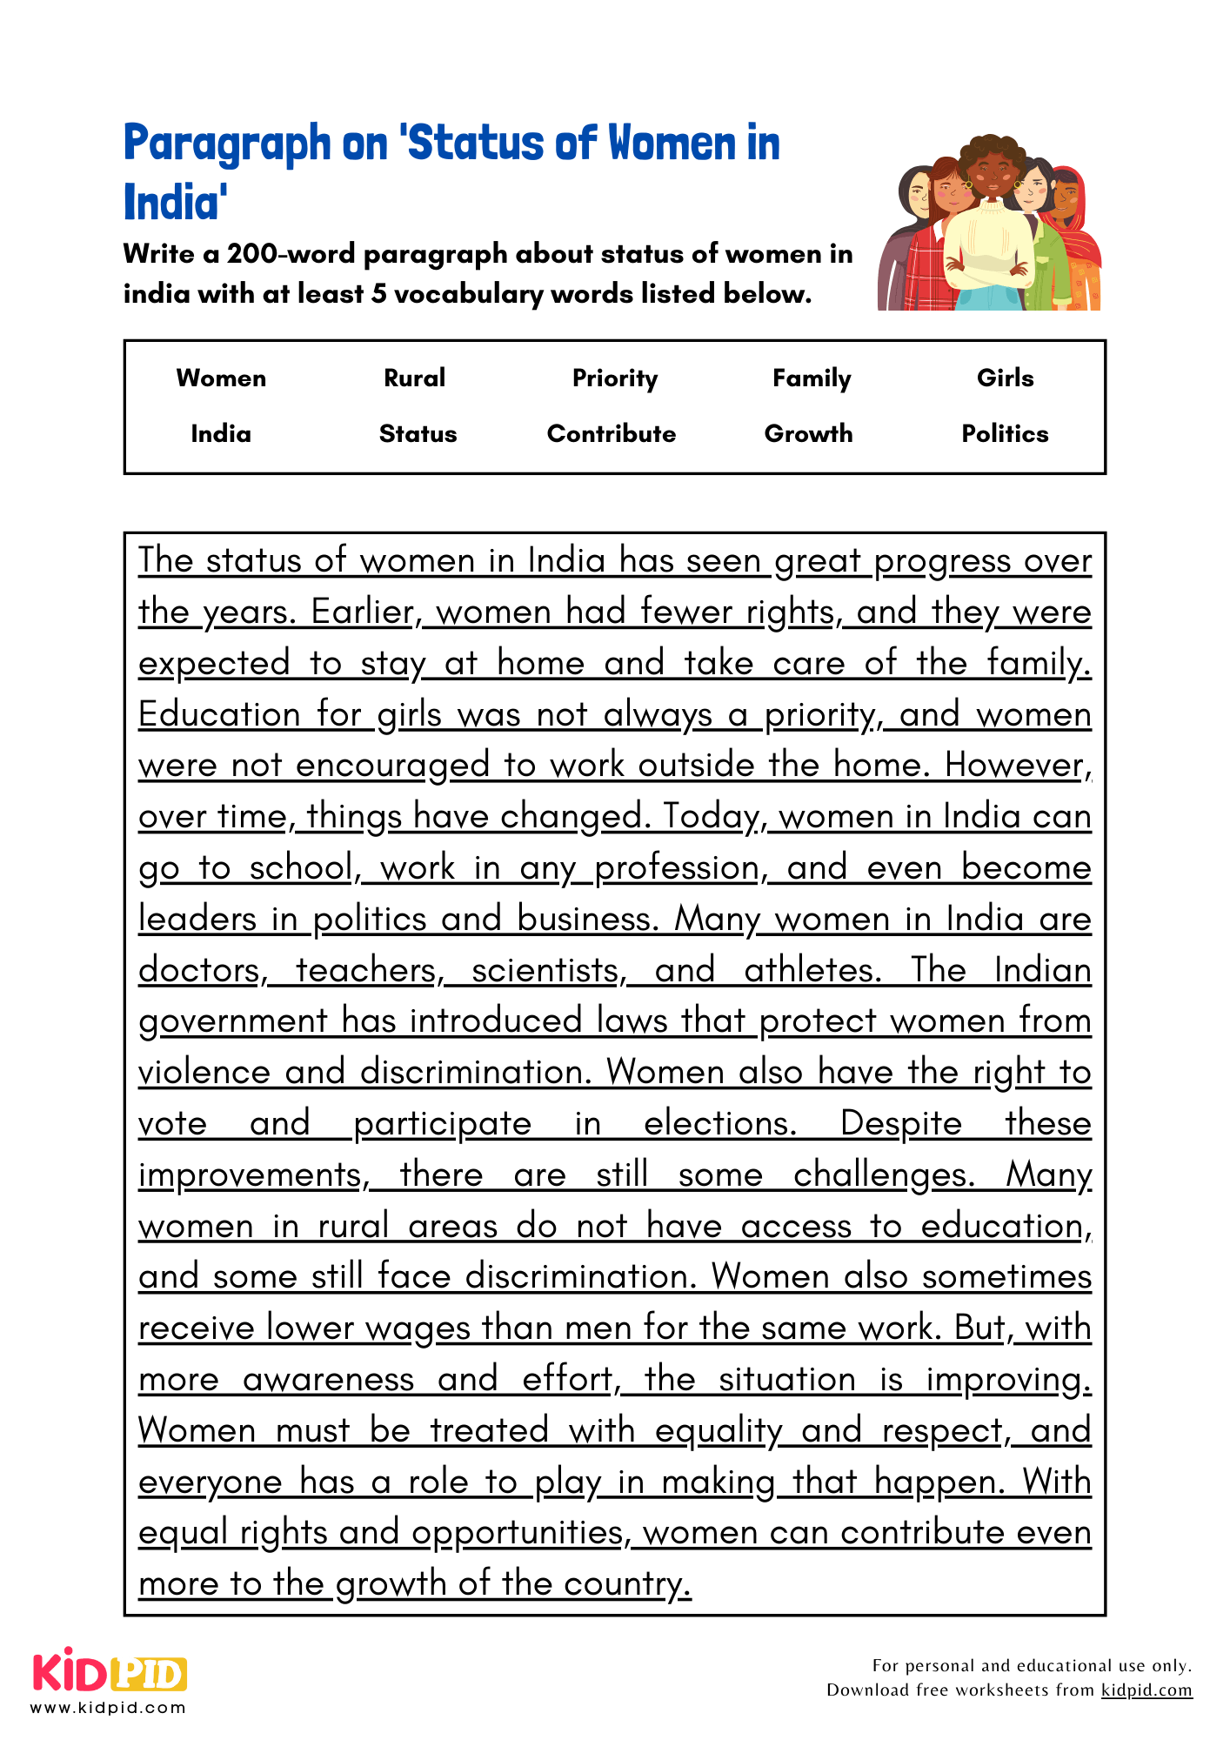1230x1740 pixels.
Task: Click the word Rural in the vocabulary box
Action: [414, 378]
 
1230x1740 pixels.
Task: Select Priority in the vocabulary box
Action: [615, 378]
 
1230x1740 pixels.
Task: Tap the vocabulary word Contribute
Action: [611, 433]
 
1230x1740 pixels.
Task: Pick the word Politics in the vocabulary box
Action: [1005, 433]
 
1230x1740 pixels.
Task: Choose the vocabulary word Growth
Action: [808, 433]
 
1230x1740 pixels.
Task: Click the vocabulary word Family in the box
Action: [812, 378]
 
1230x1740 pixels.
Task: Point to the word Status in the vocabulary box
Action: [418, 433]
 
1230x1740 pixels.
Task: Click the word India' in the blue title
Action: [175, 202]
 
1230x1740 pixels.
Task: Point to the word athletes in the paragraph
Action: [812, 970]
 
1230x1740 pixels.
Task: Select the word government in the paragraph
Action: [232, 1021]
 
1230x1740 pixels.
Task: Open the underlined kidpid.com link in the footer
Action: [1146, 1690]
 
